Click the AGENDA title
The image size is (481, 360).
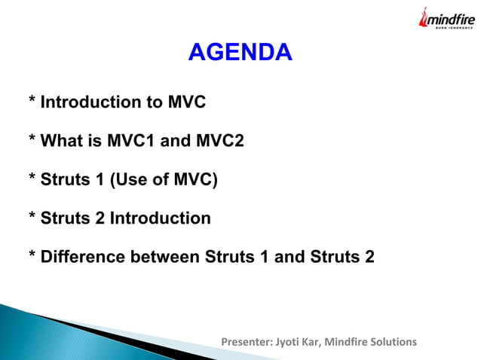[x=240, y=53]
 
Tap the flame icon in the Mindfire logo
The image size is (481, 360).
[x=423, y=19]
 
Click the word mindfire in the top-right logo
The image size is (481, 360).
[x=449, y=20]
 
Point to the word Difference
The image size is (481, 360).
[x=83, y=258]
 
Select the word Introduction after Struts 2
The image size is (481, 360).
[x=161, y=218]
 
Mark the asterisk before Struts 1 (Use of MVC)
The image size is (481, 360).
[x=32, y=180]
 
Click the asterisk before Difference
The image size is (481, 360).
[x=32, y=258]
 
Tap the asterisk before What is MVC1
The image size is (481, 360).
[x=32, y=141]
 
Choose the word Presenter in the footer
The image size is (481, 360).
[x=244, y=342]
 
